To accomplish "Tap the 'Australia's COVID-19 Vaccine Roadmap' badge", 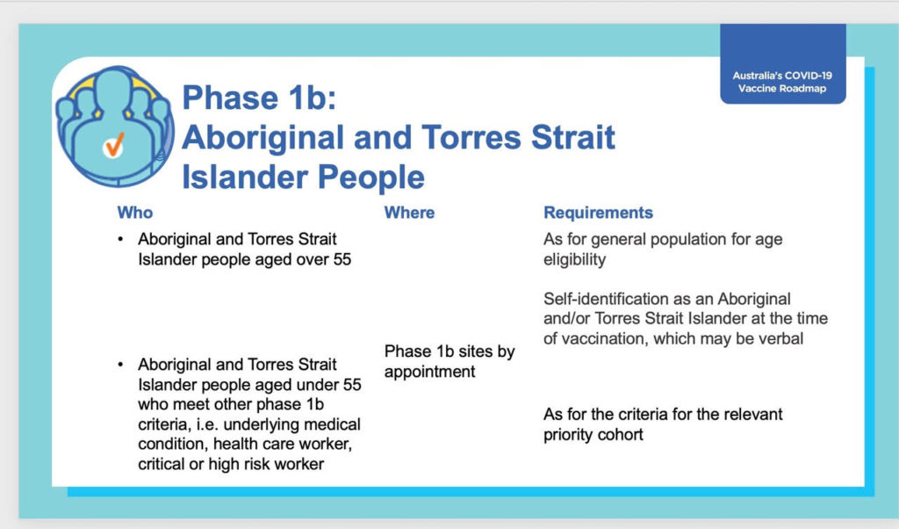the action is [782, 63].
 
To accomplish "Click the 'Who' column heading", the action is [135, 213].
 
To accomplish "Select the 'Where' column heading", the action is [409, 213].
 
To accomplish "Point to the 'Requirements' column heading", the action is [598, 213].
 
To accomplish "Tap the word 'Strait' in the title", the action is [572, 137].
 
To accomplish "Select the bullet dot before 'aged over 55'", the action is [120, 239].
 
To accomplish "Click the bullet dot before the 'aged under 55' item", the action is [120, 365].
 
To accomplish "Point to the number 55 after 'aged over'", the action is [342, 259].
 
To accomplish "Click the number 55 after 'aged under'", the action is [352, 384].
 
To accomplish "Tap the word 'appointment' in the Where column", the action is [429, 372].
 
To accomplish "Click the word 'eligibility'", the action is [574, 259].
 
